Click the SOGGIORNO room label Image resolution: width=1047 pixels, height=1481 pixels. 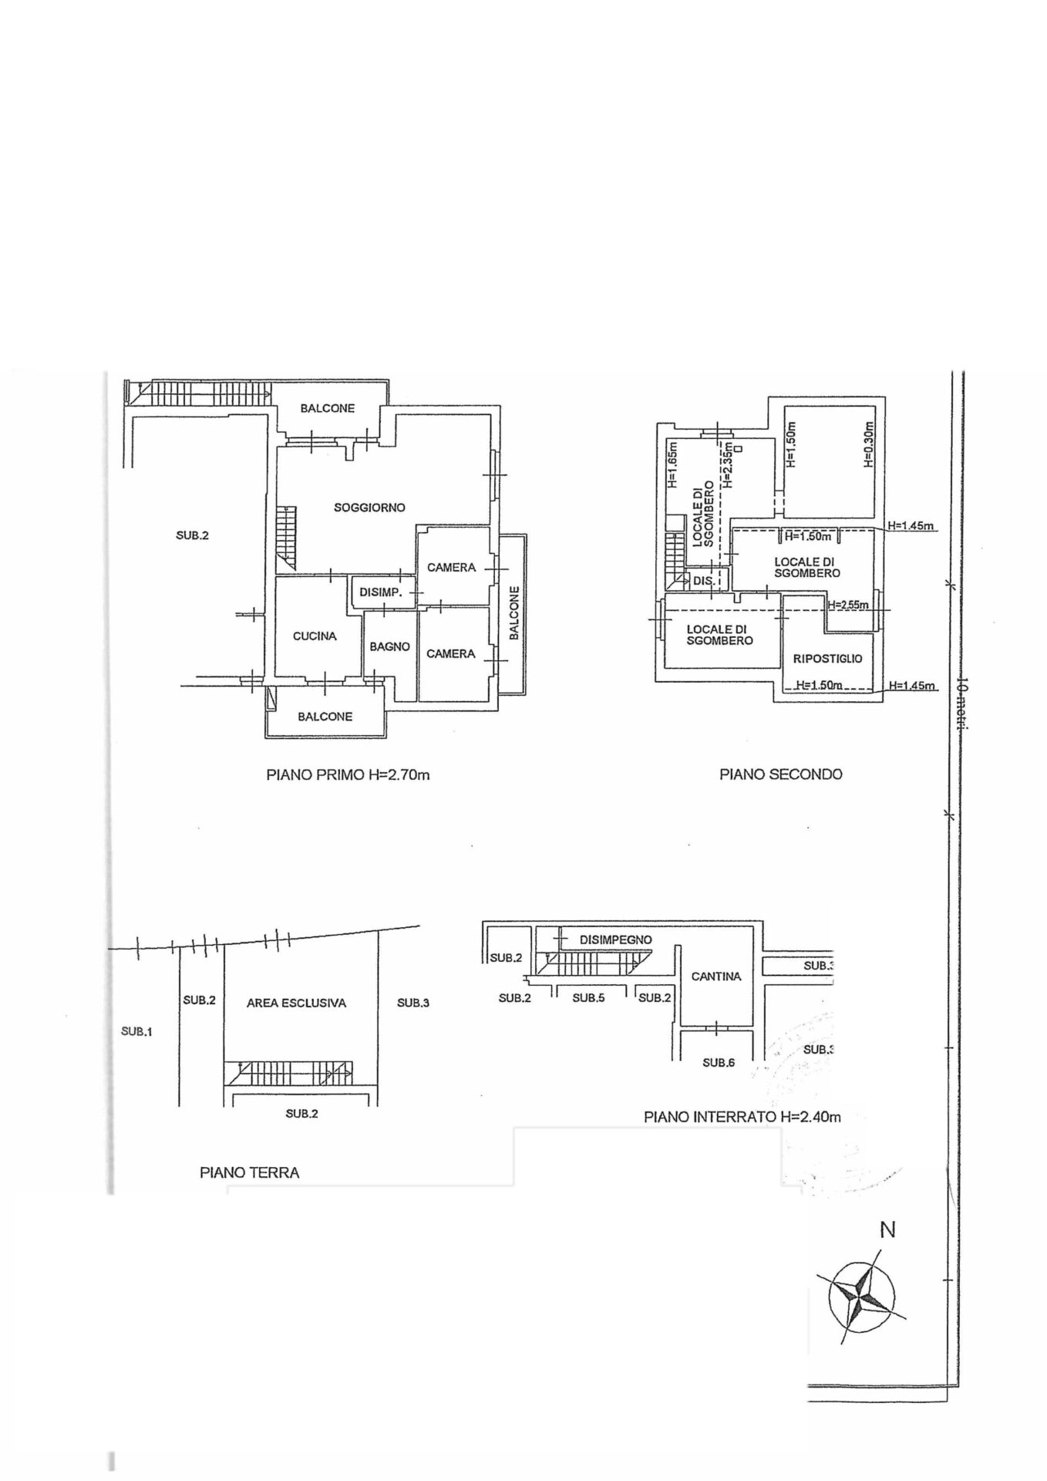pyautogui.click(x=369, y=508)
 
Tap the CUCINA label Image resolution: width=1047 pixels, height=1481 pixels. pyautogui.click(x=315, y=636)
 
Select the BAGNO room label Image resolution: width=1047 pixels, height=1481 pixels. pyautogui.click(x=389, y=646)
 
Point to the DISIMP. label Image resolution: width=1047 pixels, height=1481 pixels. pyautogui.click(x=381, y=592)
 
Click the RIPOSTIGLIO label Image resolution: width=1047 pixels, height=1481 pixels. pyautogui.click(x=827, y=659)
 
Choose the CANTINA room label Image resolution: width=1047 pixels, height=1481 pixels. pyautogui.click(x=716, y=977)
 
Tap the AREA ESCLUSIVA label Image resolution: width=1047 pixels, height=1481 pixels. pyautogui.click(x=296, y=1004)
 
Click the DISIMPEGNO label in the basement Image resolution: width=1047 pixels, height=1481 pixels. pyautogui.click(x=615, y=940)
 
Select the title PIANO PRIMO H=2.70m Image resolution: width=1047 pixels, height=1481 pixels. pyautogui.click(x=348, y=774)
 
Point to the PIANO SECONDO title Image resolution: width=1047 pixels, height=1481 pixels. pyautogui.click(x=781, y=774)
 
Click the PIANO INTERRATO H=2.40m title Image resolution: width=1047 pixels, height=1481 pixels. pyautogui.click(x=742, y=1116)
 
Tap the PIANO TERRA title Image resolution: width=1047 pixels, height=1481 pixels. pyautogui.click(x=249, y=1172)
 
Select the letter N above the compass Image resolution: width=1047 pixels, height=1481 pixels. pyautogui.click(x=887, y=1230)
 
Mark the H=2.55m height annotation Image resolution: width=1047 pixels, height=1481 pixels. pyautogui.click(x=847, y=606)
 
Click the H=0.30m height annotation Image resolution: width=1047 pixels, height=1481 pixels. pyautogui.click(x=868, y=444)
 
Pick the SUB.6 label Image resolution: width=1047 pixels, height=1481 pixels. pyautogui.click(x=719, y=1063)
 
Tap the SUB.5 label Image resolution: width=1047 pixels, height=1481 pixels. pyautogui.click(x=588, y=998)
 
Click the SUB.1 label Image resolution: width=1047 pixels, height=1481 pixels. pyautogui.click(x=136, y=1031)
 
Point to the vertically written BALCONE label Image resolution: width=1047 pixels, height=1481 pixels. pyautogui.click(x=514, y=613)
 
